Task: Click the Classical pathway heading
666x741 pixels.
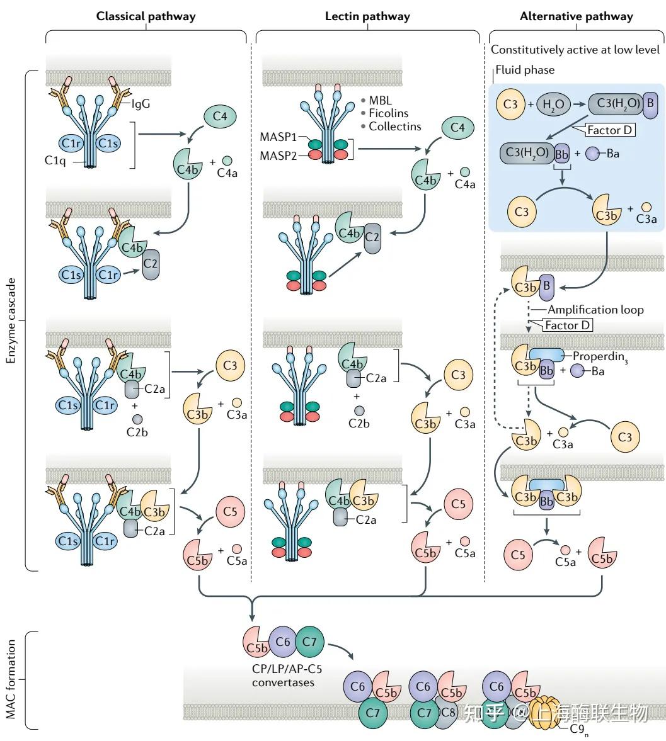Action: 146,16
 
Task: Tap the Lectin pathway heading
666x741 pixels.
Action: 367,16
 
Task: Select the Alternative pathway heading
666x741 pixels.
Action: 576,16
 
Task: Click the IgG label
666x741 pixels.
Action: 141,104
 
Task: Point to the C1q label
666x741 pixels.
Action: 55,161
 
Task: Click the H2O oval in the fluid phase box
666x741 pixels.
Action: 553,105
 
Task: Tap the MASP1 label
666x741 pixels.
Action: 278,137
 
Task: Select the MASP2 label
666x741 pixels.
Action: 278,156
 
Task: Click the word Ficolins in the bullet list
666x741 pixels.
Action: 388,113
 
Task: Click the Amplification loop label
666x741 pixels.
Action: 595,310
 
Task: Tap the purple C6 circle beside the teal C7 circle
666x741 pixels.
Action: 282,642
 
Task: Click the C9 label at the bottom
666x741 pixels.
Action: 578,729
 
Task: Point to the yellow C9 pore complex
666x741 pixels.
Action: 544,711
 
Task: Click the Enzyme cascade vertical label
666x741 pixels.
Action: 11,321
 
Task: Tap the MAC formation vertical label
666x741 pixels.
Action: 11,679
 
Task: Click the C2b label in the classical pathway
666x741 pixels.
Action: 137,433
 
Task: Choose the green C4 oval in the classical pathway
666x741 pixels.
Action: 220,116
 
